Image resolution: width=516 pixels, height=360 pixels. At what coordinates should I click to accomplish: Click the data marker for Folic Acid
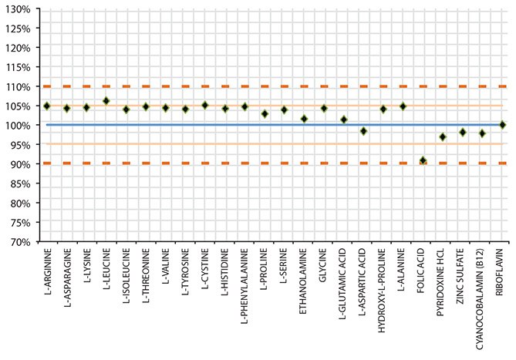[423, 160]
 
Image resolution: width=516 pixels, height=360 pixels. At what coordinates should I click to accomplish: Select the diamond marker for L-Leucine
[106, 101]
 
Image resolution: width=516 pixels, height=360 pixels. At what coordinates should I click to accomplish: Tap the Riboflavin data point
[503, 124]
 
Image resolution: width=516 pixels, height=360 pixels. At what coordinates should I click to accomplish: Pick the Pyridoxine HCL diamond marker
[443, 136]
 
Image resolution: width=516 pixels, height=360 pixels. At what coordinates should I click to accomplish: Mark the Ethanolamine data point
[304, 119]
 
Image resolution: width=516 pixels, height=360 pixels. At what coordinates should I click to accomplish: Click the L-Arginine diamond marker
[47, 106]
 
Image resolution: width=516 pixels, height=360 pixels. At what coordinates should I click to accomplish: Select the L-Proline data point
[265, 113]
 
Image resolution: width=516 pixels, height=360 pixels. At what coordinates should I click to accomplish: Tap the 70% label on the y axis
[18, 241]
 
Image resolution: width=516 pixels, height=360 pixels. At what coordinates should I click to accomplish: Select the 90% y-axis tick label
[18, 163]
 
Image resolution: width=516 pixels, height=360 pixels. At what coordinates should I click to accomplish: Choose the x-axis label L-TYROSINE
[186, 274]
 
